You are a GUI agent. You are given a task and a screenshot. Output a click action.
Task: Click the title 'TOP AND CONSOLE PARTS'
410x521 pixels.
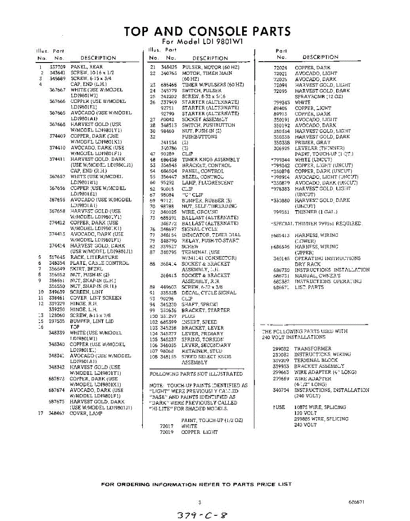pos(207,32)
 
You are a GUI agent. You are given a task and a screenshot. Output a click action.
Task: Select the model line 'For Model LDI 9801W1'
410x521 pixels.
pos(202,42)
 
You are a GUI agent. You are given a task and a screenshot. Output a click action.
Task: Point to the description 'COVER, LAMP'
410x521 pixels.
pos(86,413)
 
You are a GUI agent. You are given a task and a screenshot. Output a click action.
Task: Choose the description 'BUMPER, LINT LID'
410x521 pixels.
pos(92,321)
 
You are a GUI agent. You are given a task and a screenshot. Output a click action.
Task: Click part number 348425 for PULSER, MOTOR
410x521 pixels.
pos(169,67)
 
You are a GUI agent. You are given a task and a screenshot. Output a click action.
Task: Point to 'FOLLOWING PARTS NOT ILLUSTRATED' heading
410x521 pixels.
pos(196,374)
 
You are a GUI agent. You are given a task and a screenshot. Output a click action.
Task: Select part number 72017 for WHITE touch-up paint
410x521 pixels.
pos(167,426)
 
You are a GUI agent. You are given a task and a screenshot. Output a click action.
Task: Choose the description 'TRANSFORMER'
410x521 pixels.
pos(312,349)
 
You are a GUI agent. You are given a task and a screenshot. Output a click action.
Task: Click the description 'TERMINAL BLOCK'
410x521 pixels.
pos(315,360)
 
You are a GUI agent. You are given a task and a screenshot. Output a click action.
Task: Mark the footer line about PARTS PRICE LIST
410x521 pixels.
pos(196,484)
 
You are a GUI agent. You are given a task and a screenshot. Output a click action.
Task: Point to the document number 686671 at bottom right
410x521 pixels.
pos(356,502)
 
